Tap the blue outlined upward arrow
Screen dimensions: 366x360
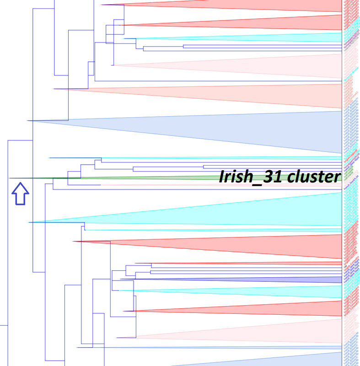coord(20,194)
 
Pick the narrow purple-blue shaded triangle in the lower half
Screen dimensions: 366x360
coord(274,279)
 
